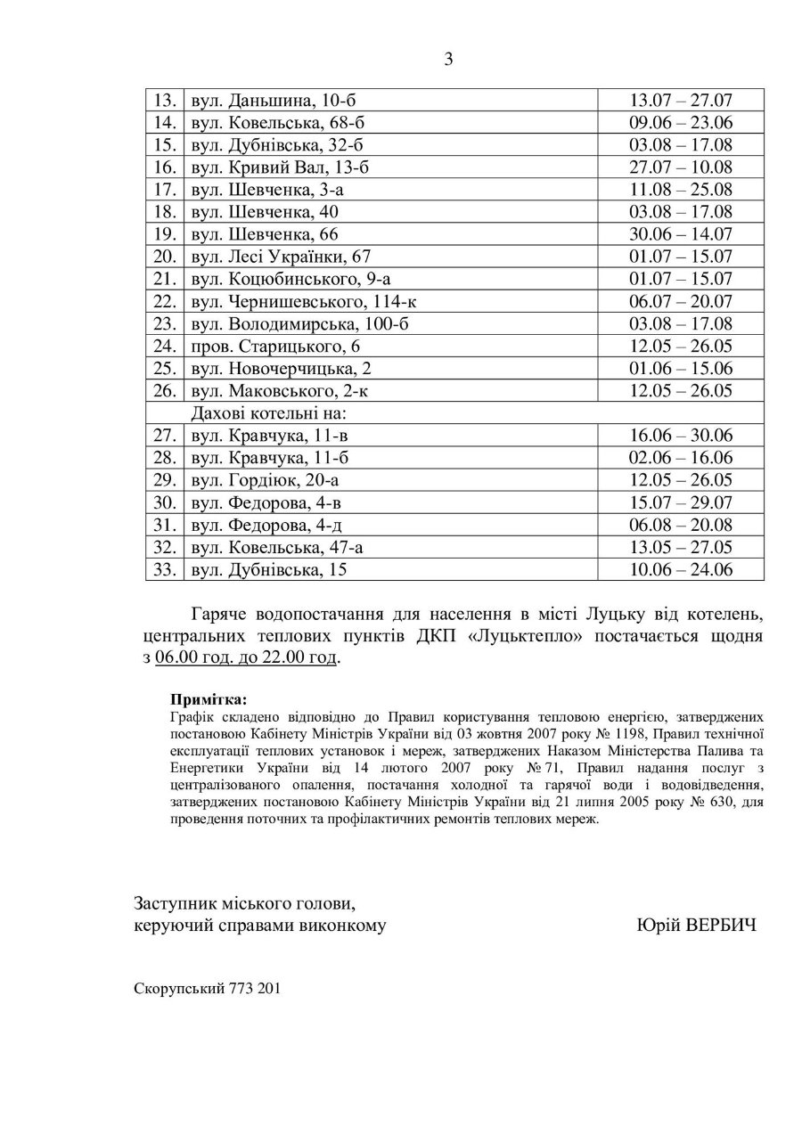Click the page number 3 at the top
point(448,61)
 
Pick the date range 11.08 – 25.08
point(680,190)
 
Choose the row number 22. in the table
point(164,301)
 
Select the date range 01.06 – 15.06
point(680,368)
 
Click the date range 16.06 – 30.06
point(680,436)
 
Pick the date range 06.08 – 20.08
point(680,525)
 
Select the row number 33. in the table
point(164,569)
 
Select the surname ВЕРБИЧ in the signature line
point(719,926)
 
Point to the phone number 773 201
point(255,988)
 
